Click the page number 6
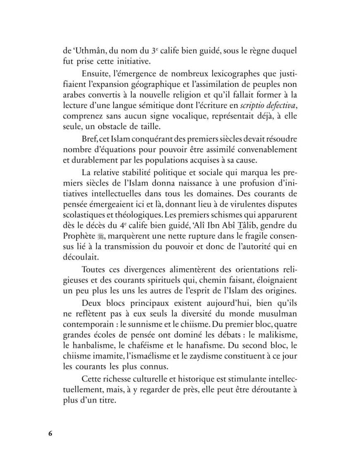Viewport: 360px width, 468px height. click(50, 434)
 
